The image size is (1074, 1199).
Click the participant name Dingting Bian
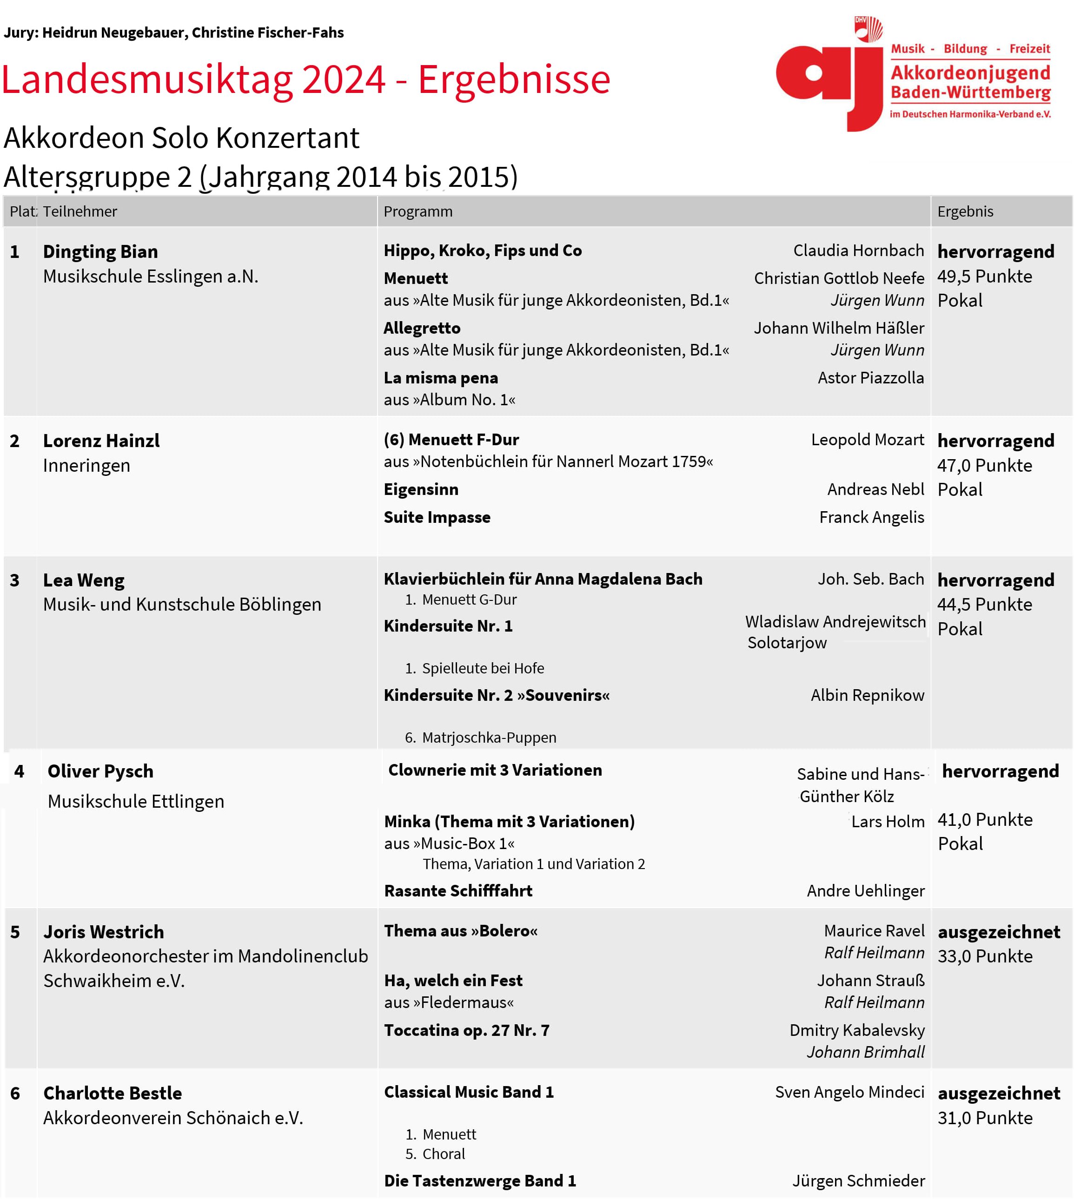(100, 252)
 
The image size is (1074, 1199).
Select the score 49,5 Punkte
(984, 277)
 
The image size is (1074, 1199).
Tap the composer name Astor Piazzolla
(870, 378)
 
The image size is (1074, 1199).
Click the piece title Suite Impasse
(437, 517)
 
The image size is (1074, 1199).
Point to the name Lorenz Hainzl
(101, 441)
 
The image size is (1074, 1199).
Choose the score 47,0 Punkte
(984, 466)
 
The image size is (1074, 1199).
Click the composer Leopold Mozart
(867, 440)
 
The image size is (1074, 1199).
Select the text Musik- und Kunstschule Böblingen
(182, 605)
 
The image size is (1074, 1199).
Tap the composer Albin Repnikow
(867, 695)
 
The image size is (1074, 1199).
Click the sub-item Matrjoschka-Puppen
(489, 738)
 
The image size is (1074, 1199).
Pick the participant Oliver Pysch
(100, 771)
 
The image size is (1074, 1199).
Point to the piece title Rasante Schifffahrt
(458, 891)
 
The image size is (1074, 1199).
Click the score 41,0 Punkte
(984, 820)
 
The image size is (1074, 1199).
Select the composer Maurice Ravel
(874, 931)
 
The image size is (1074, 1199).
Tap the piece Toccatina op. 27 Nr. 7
(466, 1031)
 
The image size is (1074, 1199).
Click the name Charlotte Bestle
(112, 1094)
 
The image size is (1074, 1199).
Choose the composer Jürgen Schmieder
(858, 1181)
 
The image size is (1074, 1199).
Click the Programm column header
(418, 212)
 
